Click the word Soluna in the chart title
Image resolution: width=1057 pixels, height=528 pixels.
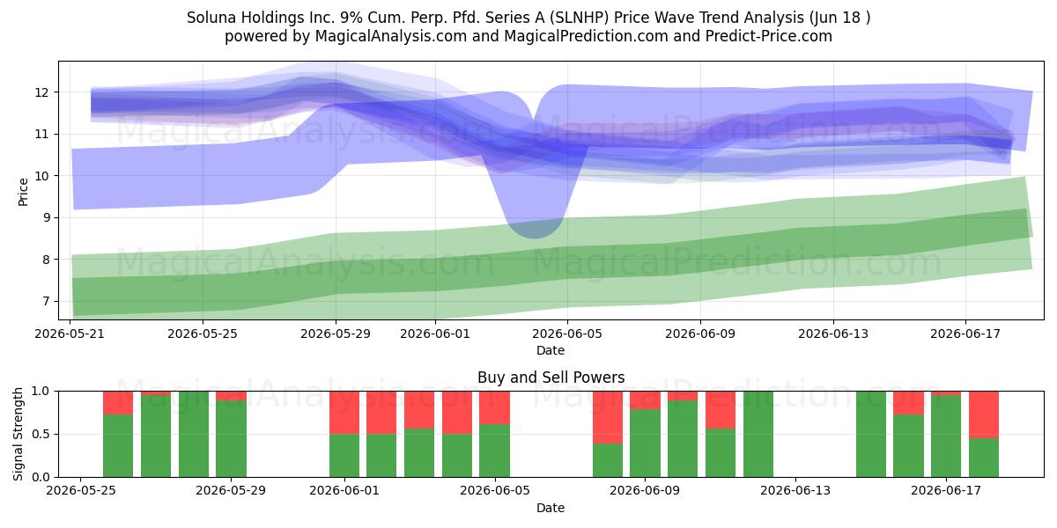(x=211, y=18)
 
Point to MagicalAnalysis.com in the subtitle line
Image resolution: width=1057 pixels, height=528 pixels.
(x=391, y=36)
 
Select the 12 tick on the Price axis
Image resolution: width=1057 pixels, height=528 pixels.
(x=41, y=92)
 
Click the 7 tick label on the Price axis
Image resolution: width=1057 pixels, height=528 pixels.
(x=45, y=301)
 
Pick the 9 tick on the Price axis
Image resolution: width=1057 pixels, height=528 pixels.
(x=45, y=218)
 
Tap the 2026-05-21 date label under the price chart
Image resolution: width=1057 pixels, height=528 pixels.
(x=70, y=334)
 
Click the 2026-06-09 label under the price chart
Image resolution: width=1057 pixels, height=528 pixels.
(x=700, y=334)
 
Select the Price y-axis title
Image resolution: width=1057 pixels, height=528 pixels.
(x=23, y=192)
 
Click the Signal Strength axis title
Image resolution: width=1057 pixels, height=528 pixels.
(x=18, y=434)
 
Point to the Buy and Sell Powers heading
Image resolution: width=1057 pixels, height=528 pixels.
(x=551, y=378)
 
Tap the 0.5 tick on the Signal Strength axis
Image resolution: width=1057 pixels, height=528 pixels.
(x=41, y=434)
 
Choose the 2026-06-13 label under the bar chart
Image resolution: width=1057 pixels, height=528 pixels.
(x=795, y=491)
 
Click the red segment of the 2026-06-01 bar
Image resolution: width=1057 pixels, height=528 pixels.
(x=344, y=413)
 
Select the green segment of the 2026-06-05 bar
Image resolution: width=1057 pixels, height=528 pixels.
(x=494, y=451)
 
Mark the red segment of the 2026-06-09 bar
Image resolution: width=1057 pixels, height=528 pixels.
(x=645, y=400)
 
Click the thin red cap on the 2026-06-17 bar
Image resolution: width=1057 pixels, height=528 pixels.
(x=946, y=393)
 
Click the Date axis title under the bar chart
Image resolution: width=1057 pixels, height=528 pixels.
(x=551, y=508)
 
